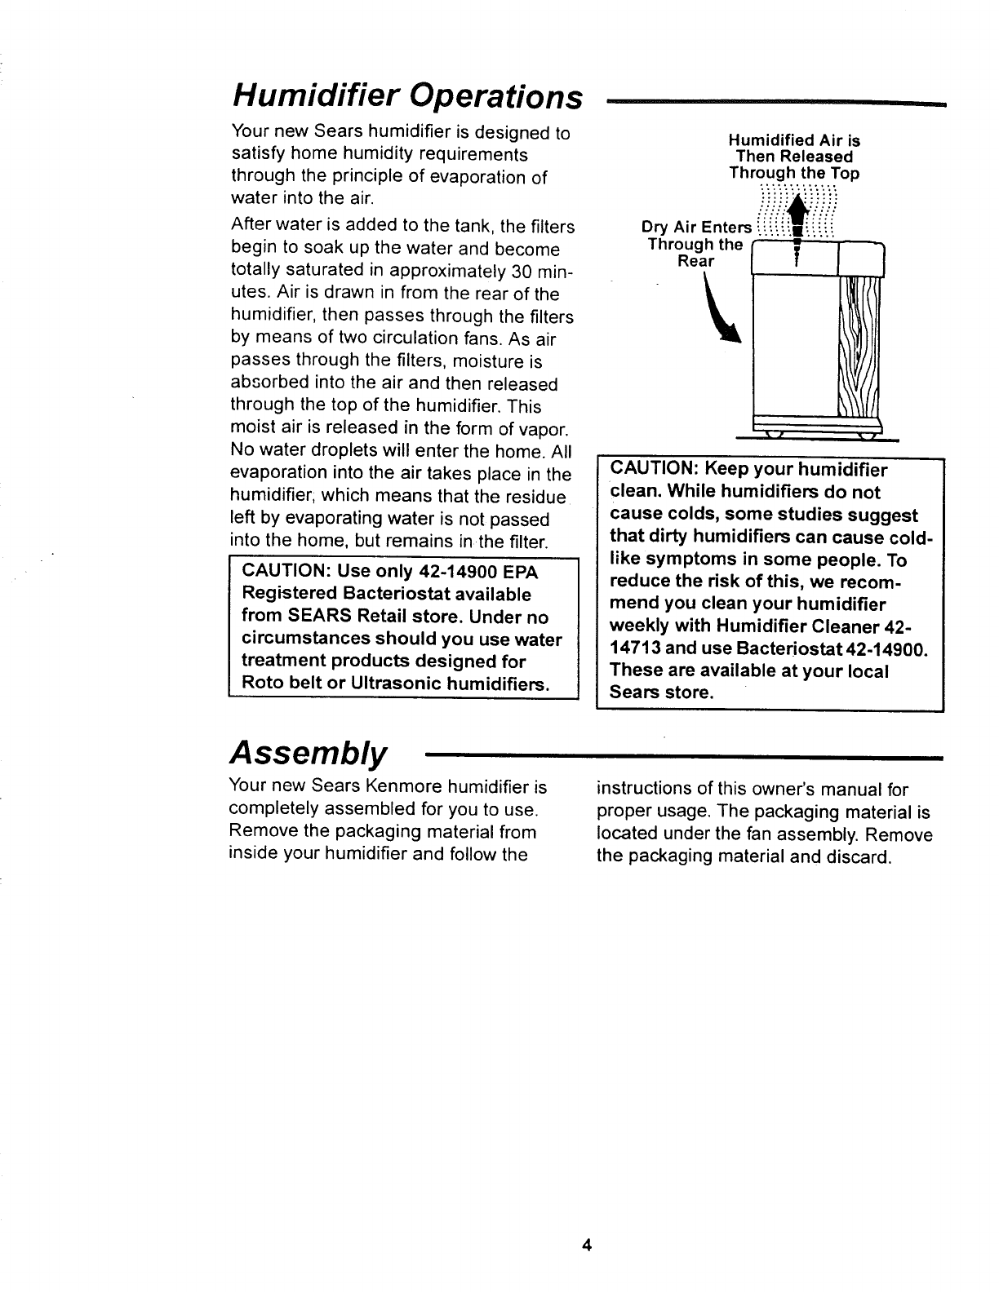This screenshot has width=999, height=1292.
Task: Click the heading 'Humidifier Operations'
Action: (x=407, y=96)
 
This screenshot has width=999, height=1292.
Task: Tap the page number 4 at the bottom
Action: (x=585, y=1268)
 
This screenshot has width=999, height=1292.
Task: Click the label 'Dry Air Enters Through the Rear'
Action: (x=696, y=244)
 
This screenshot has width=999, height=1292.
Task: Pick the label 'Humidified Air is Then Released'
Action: (x=794, y=148)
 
